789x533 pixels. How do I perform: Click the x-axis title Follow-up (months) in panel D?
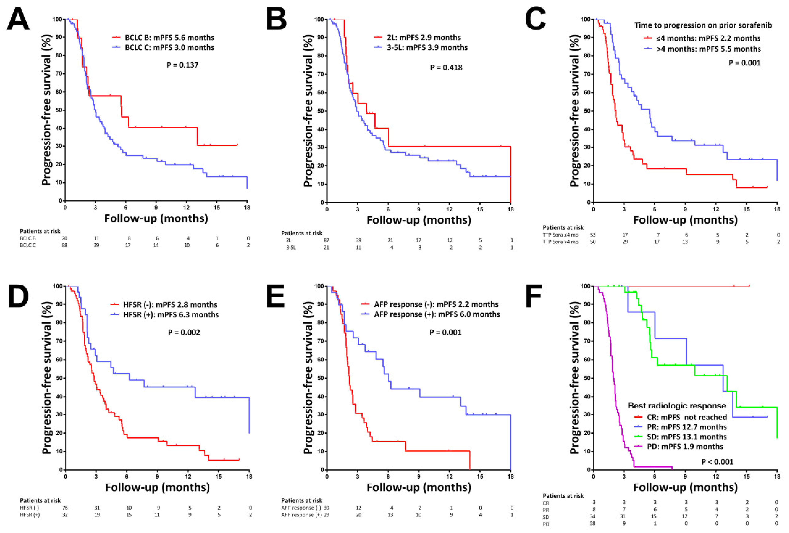pos(157,487)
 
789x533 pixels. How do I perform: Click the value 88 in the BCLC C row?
pos(64,245)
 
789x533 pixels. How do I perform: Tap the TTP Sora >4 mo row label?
pos(560,242)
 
